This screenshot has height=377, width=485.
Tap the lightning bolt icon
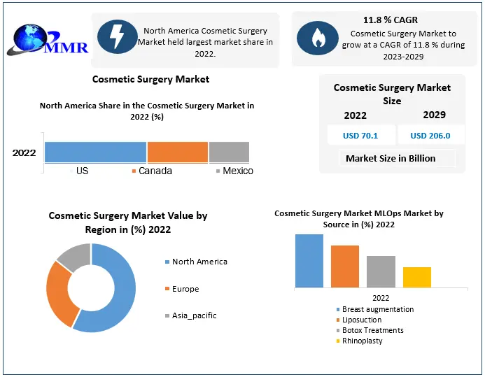117,37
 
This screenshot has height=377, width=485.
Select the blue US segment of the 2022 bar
95,152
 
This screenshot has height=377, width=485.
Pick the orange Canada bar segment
177,152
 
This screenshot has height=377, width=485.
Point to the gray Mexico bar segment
229,152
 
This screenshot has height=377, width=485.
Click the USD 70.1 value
360,136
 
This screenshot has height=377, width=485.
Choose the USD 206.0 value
430,136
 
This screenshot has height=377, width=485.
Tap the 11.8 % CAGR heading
390,20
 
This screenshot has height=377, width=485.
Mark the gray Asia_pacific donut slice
73,256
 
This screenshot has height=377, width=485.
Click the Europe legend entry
185,289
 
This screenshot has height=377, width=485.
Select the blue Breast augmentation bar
309,260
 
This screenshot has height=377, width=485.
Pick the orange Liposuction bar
345,266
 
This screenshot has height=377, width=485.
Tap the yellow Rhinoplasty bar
417,277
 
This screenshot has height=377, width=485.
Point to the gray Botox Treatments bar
381,271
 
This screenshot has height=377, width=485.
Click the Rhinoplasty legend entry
362,341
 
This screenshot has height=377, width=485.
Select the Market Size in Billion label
391,158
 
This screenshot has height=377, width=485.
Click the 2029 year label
434,115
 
